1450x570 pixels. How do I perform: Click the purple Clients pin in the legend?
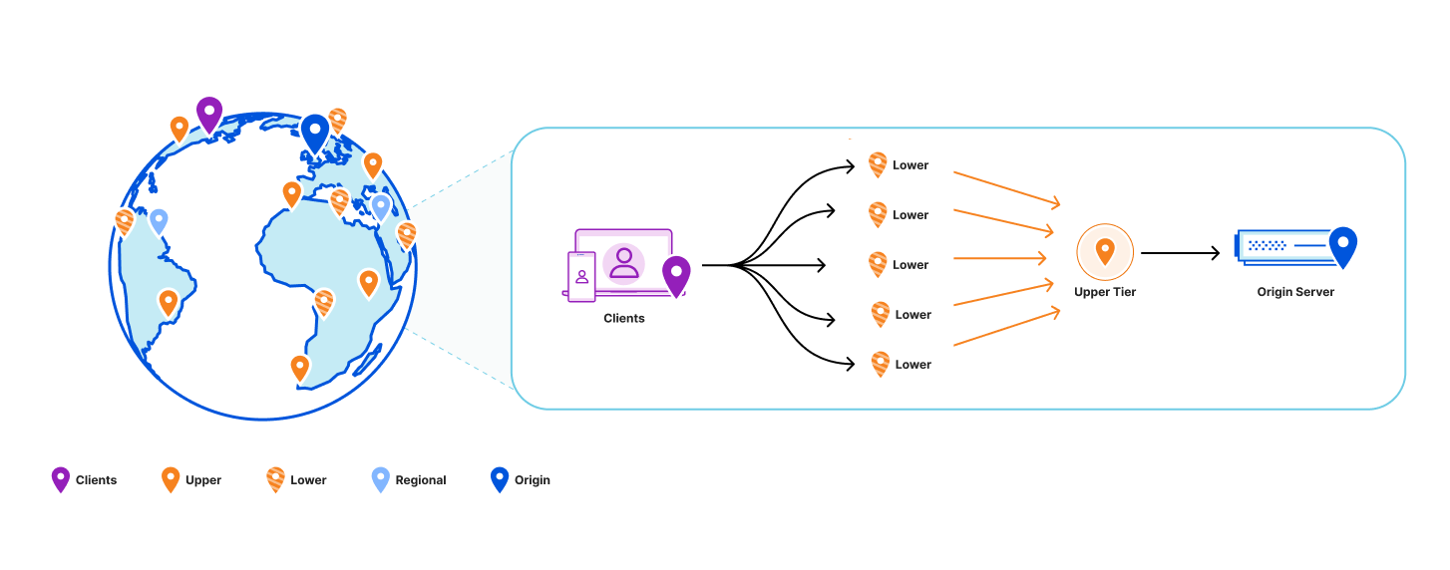[61, 479]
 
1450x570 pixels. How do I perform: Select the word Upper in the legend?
[203, 480]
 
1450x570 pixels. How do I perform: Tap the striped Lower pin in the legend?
[275, 479]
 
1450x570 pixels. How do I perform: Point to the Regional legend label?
[421, 480]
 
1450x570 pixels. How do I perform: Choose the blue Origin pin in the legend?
[500, 479]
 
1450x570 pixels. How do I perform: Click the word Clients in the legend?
[97, 480]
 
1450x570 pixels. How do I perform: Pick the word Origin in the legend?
[533, 480]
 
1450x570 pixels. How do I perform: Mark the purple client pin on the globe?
[209, 114]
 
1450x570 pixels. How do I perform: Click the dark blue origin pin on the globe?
[315, 133]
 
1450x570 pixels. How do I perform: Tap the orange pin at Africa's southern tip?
[300, 367]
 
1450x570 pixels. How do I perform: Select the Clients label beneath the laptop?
[624, 318]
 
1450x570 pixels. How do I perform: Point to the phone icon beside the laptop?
[581, 276]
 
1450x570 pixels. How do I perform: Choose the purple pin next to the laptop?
[676, 275]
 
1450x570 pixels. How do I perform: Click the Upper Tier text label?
[1105, 292]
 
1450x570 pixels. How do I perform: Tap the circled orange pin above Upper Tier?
[1105, 250]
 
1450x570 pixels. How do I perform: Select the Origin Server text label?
[1295, 292]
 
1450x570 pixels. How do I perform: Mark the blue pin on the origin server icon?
[1343, 246]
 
